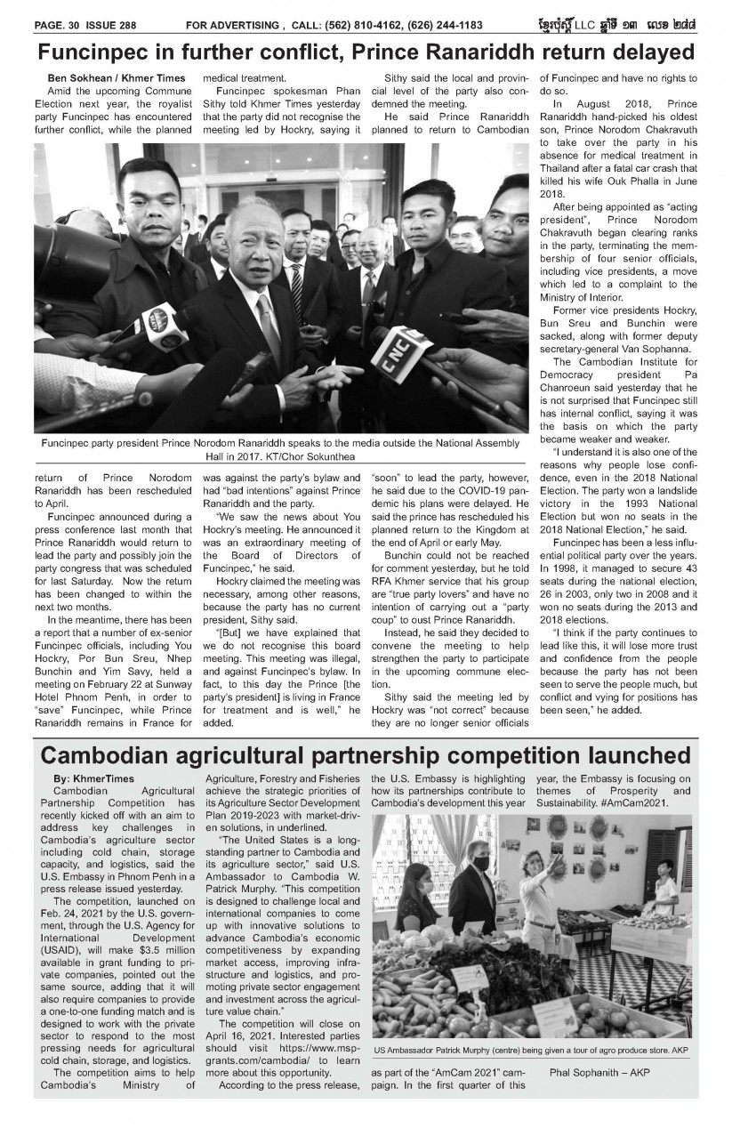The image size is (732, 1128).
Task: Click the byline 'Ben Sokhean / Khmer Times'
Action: [x=116, y=79]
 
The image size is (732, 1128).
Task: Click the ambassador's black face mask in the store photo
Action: [x=481, y=863]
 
